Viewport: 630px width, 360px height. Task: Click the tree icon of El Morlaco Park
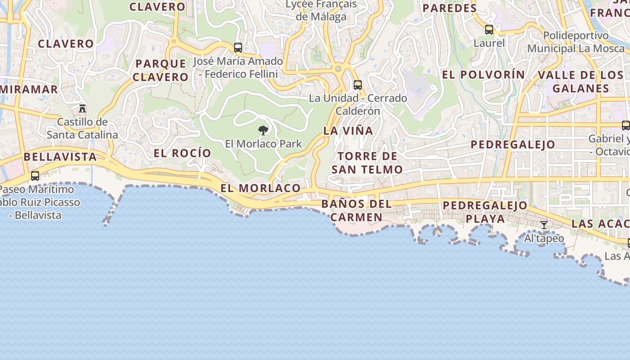point(263,130)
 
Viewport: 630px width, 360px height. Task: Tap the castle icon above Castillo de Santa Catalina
point(82,108)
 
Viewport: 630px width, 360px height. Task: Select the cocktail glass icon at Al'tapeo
point(544,225)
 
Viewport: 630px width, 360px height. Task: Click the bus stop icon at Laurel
point(489,30)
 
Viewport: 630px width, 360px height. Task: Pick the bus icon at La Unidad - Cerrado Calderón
point(358,85)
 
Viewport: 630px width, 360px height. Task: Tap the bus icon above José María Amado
point(238,47)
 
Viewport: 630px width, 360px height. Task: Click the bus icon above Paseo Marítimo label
point(35,176)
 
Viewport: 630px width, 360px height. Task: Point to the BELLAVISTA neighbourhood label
point(60,157)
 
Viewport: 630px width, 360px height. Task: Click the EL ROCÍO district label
point(182,153)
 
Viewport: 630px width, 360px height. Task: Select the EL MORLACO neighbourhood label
point(261,188)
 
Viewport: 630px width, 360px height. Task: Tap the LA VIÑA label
point(348,131)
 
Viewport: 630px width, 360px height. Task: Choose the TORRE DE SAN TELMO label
point(367,163)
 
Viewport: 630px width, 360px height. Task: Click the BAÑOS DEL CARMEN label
point(356,211)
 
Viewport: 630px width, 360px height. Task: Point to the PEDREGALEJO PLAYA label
point(485,212)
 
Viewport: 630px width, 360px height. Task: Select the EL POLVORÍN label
point(484,75)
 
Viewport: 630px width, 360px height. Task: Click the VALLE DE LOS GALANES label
point(580,81)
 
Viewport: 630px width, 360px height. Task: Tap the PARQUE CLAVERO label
point(161,70)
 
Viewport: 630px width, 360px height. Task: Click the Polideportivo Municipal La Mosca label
point(576,42)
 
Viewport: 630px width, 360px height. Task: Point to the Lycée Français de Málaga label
point(321,10)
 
